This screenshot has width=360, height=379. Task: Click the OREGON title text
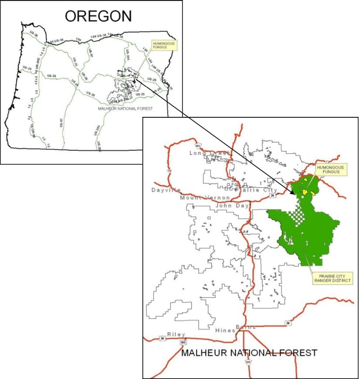[x=98, y=16]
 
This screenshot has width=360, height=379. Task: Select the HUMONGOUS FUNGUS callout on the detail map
[x=330, y=170]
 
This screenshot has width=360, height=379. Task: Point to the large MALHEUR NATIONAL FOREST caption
[x=249, y=352]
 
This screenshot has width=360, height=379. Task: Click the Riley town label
[x=176, y=335]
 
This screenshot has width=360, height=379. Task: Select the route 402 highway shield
[x=198, y=145]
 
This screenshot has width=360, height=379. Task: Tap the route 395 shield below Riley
[x=183, y=343]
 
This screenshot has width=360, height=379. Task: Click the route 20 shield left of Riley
[x=162, y=338]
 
